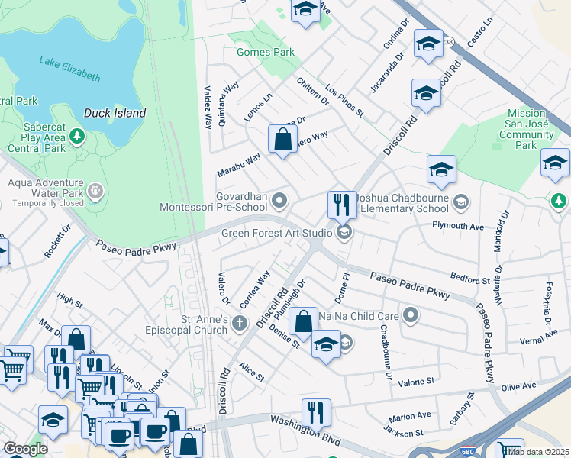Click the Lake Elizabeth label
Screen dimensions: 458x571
click(70, 69)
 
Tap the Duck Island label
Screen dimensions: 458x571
click(115, 113)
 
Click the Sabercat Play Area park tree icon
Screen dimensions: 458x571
click(76, 137)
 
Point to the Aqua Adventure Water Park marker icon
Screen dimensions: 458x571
click(95, 189)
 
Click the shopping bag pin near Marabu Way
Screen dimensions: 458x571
click(282, 140)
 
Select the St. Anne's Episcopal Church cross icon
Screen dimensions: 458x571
click(240, 323)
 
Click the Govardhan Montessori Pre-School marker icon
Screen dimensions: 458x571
click(280, 201)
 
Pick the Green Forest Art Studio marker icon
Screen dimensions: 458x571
click(344, 233)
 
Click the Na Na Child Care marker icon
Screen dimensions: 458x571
click(411, 314)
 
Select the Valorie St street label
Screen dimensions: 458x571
click(413, 380)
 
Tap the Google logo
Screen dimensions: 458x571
click(25, 449)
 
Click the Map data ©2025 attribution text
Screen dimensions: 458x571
click(539, 451)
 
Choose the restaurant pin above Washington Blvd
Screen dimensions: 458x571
click(315, 412)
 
